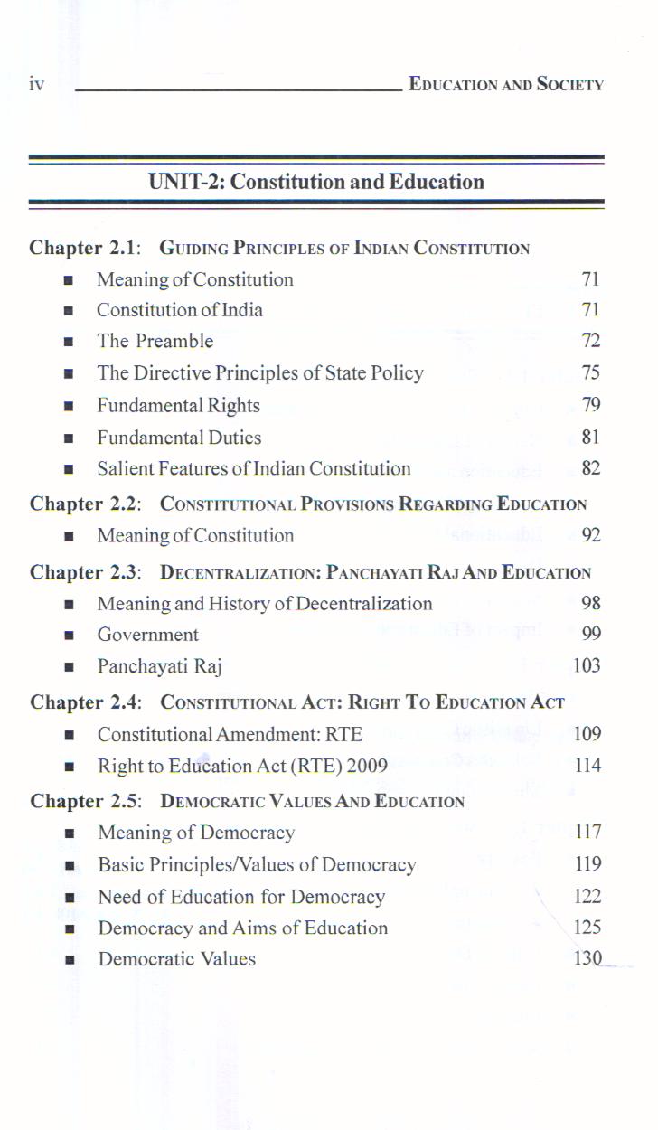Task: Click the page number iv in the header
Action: coord(36,85)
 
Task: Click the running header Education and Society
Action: coord(506,85)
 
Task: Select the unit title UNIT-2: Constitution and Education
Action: coord(316,182)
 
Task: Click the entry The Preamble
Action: coord(155,342)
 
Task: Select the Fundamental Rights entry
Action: coord(179,406)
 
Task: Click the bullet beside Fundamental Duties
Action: coord(68,438)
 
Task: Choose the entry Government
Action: coord(148,635)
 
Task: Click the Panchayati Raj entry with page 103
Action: coord(160,667)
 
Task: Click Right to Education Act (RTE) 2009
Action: coord(242,767)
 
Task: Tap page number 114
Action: coord(587,767)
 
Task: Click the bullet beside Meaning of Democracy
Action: coord(68,833)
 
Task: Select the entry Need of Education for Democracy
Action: coord(241,897)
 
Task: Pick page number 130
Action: coord(587,959)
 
